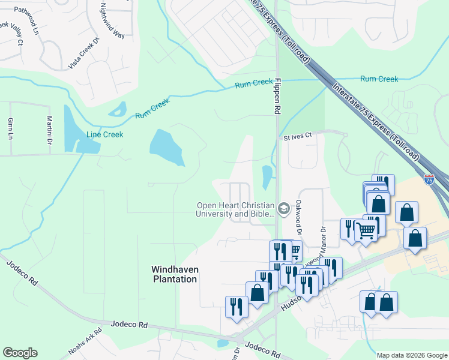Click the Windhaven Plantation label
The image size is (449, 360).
tap(174, 274)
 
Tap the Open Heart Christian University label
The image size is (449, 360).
tap(236, 209)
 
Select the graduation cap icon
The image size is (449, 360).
tap(284, 209)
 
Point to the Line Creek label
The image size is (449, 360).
tap(105, 134)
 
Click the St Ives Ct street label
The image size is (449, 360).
tap(298, 137)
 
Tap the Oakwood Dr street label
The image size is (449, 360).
tap(297, 212)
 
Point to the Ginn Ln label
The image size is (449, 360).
tap(10, 129)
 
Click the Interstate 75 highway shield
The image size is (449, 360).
tap(429, 179)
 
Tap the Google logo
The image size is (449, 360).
tap(20, 353)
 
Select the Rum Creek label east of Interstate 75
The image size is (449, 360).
tap(379, 79)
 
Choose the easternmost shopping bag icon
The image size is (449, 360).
tap(415, 237)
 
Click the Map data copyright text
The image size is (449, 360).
tap(412, 355)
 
